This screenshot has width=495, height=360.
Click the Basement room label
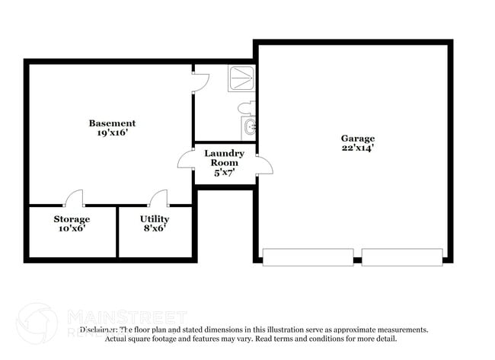pyautogui.click(x=112, y=123)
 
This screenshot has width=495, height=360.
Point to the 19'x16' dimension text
pyautogui.click(x=112, y=132)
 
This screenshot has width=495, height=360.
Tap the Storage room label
pyautogui.click(x=72, y=219)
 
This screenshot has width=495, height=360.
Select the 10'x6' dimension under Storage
pyautogui.click(x=72, y=228)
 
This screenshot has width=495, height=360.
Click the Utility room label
pyautogui.click(x=155, y=219)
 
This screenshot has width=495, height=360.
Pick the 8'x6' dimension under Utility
pyautogui.click(x=155, y=228)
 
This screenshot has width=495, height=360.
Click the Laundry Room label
pyautogui.click(x=224, y=158)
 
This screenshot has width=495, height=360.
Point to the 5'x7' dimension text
pyautogui.click(x=224, y=172)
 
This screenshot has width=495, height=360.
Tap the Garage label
pyautogui.click(x=357, y=139)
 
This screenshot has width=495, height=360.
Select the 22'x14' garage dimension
pyautogui.click(x=357, y=148)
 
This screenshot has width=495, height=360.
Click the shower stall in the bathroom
pyautogui.click(x=241, y=79)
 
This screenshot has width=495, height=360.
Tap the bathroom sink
pyautogui.click(x=248, y=128)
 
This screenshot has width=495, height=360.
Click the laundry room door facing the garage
pyautogui.click(x=263, y=164)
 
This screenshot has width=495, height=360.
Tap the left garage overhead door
pyautogui.click(x=308, y=257)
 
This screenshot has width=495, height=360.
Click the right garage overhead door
pyautogui.click(x=402, y=257)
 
